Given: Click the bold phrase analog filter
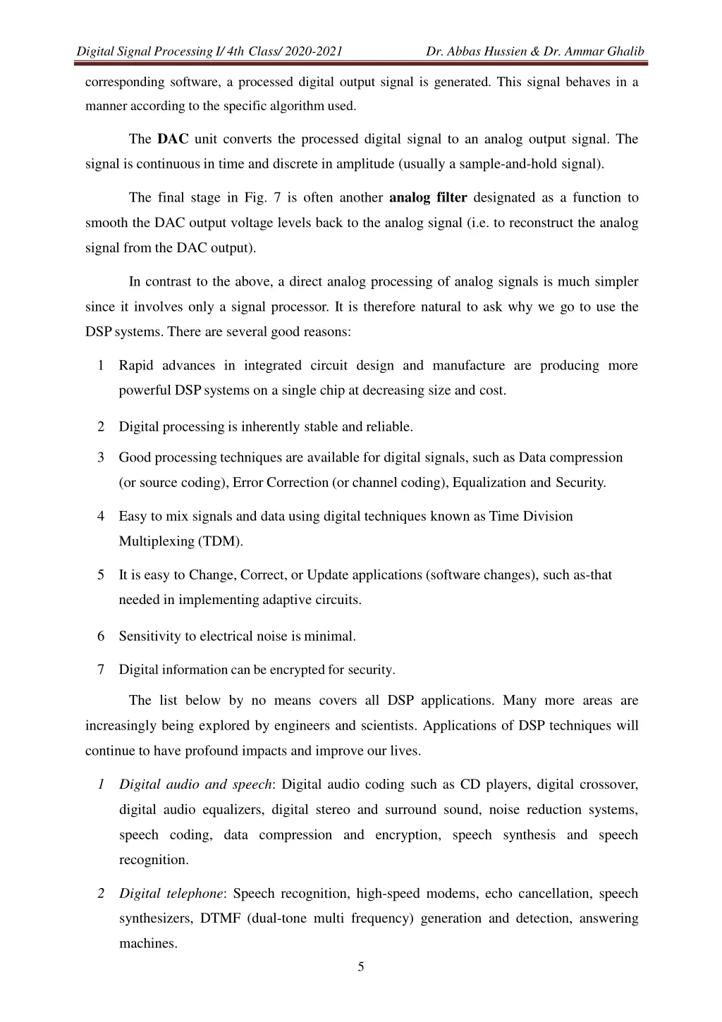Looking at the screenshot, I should click(x=428, y=197).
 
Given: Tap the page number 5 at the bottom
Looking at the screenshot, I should click(x=361, y=967).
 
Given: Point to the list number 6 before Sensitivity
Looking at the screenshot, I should click(x=102, y=636).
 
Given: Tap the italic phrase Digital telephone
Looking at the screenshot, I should click(x=171, y=893).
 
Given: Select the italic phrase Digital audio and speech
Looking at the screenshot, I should click(x=195, y=784).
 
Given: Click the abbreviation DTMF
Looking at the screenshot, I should click(x=221, y=918).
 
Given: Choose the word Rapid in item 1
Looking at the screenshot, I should click(x=136, y=365).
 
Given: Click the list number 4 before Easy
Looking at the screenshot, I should click(x=102, y=516).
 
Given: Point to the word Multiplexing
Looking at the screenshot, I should click(x=156, y=541).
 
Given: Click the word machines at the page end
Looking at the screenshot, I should click(x=147, y=943).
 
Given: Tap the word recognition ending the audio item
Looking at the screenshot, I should click(x=153, y=860).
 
